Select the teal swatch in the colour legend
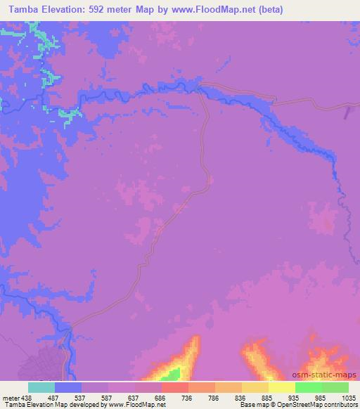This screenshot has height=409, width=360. point(41,387)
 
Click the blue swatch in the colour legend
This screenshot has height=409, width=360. point(68,387)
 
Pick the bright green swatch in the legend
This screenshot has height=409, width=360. point(309,387)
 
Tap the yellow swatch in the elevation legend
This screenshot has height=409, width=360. point(282,387)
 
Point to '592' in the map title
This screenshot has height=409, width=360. point(107,10)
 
